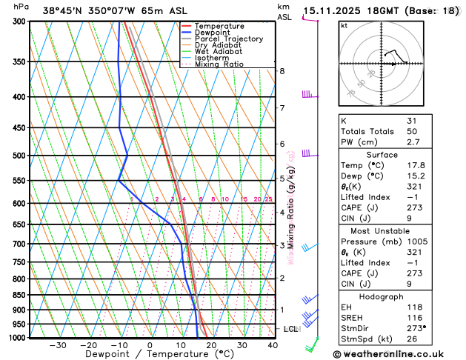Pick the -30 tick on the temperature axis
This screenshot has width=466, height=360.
click(x=57, y=344)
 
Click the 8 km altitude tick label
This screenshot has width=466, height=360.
click(x=282, y=71)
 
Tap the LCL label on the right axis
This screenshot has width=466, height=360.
click(x=291, y=329)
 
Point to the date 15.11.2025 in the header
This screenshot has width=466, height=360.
click(x=333, y=11)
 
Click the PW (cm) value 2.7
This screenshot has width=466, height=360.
click(x=413, y=141)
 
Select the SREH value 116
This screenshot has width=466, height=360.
click(x=415, y=317)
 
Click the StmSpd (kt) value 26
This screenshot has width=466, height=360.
click(x=412, y=339)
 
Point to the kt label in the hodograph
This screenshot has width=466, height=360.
click(x=344, y=25)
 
